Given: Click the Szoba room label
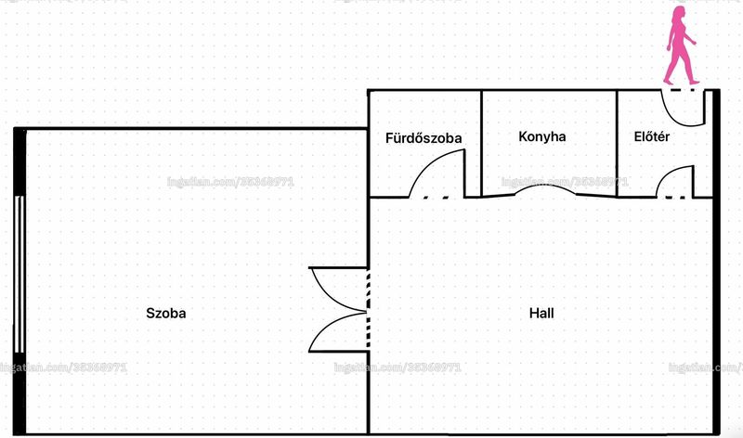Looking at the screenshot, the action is click(166, 313).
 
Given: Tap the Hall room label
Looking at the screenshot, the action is click(541, 313).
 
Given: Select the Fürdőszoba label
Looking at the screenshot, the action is click(424, 137).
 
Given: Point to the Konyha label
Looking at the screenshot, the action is click(542, 136).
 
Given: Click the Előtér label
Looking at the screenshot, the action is click(652, 136).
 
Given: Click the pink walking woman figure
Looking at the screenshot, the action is click(681, 45).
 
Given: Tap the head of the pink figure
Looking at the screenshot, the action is click(680, 12).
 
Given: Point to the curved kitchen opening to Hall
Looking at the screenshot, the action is click(545, 188).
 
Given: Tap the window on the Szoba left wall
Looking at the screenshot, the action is click(20, 274).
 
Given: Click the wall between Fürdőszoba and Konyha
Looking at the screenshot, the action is click(481, 144).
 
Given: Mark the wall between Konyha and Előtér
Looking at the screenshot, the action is click(617, 144).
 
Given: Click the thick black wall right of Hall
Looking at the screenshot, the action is click(716, 262).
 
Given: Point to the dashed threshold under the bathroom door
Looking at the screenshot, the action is click(436, 198).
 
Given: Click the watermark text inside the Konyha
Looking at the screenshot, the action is click(565, 182).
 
